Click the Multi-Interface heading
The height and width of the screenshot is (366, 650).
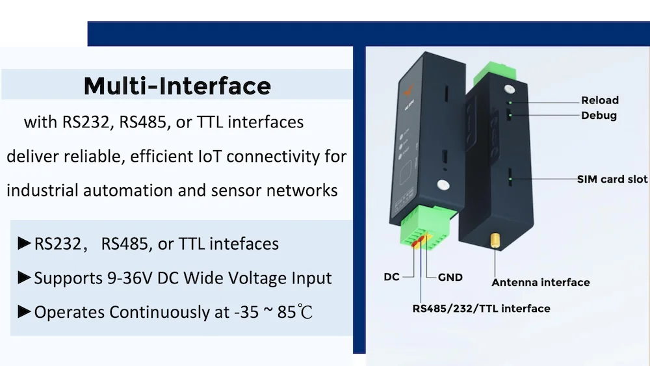tap(177, 86)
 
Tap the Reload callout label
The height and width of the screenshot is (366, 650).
tap(599, 100)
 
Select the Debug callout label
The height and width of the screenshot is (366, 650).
tap(599, 116)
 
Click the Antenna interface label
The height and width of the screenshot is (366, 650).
tap(540, 282)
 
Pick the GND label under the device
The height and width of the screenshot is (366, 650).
tap(450, 277)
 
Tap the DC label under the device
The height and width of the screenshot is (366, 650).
tap(391, 277)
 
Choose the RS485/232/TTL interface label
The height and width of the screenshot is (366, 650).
tap(481, 308)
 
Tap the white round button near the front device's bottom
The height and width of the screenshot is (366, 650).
tap(443, 186)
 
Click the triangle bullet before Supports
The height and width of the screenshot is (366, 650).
tap(25, 278)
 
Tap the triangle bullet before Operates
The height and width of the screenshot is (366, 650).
tap(25, 312)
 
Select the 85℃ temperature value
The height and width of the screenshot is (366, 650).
tap(296, 312)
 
